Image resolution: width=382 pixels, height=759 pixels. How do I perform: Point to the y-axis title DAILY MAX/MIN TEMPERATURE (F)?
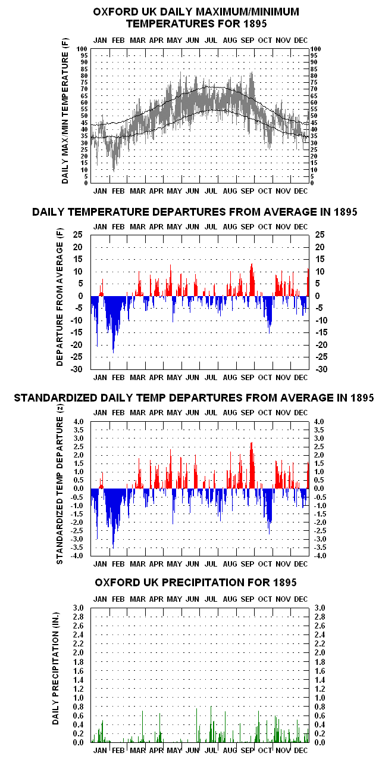click(65, 111)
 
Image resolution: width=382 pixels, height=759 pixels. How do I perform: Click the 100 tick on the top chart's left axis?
click(82, 49)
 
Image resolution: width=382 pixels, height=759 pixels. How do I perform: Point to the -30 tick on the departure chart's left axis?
click(77, 369)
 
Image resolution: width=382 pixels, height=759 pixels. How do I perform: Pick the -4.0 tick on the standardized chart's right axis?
click(320, 556)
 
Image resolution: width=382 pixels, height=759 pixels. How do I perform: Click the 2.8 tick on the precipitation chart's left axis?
click(79, 617)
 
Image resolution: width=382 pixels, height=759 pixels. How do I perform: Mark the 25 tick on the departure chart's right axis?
click(320, 235)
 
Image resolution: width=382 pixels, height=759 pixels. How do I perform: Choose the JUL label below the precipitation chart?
click(211, 751)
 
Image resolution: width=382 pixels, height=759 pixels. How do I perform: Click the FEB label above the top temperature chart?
click(118, 41)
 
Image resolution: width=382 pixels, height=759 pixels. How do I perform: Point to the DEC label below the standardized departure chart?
click(301, 564)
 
